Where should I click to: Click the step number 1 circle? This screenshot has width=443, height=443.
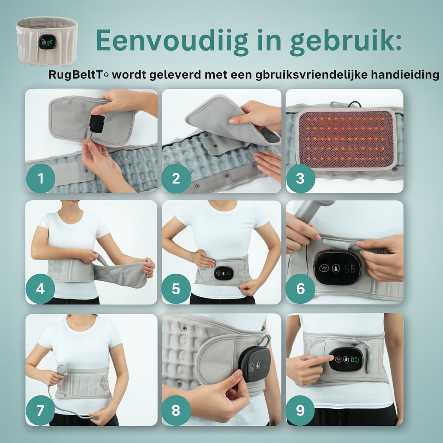[x=40, y=178]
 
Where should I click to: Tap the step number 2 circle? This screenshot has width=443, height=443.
[x=176, y=178]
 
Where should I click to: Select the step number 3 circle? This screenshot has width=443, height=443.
[x=300, y=178]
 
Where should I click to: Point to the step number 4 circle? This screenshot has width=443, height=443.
[x=40, y=289]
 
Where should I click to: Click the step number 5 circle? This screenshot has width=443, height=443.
[x=176, y=289]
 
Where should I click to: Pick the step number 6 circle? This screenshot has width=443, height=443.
[x=300, y=289]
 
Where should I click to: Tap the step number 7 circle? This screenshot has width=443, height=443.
[x=40, y=410]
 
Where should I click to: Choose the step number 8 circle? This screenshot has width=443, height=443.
[x=176, y=410]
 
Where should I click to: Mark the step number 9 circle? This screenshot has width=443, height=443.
[x=300, y=410]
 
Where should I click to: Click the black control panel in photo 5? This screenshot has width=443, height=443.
[x=224, y=273]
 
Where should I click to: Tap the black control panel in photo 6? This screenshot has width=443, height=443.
[x=337, y=268]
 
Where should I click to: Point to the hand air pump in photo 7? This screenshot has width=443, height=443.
[x=62, y=370]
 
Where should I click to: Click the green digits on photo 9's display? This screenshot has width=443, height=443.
[x=356, y=359]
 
